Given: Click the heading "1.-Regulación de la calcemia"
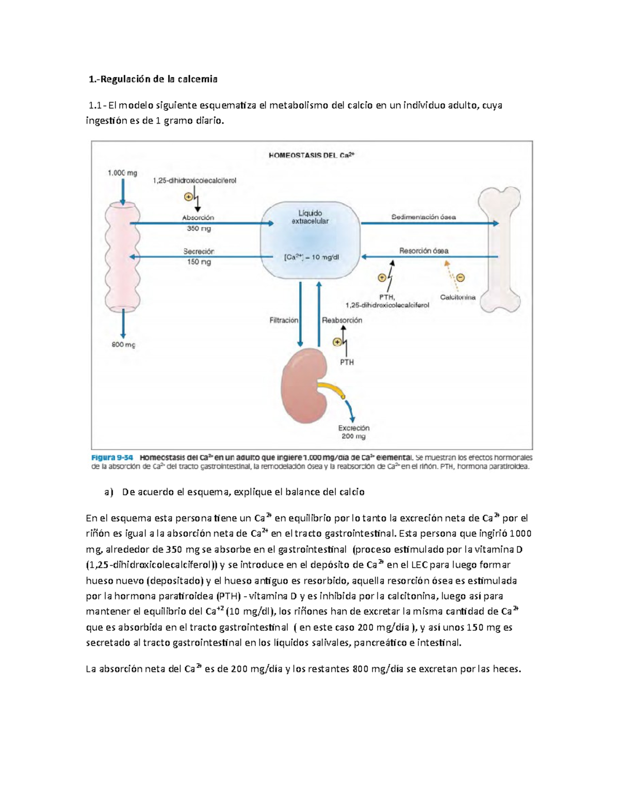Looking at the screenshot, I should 153,79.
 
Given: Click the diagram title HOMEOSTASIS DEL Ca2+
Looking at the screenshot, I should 312,155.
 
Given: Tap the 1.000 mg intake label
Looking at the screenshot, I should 122,173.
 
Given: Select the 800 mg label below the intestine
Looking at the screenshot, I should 123,345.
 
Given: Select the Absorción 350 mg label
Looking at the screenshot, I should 199,223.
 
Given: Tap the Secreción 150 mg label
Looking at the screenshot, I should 199,256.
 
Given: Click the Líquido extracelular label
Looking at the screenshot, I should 310,217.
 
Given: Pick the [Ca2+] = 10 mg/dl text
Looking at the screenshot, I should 312,257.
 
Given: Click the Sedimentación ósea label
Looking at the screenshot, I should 423,217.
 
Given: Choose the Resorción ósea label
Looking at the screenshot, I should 423,251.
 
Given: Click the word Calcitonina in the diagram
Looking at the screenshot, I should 458,297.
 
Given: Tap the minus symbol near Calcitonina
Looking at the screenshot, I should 461,277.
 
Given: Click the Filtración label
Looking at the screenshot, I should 284,320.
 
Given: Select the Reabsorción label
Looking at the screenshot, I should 342,320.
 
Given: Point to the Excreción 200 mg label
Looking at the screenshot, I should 354,432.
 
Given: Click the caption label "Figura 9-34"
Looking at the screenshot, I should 112,457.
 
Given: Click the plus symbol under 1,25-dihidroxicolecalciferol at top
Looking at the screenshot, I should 188,197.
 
